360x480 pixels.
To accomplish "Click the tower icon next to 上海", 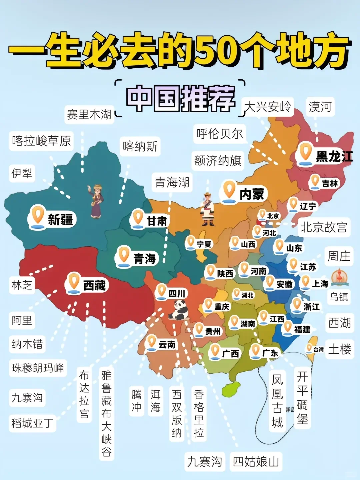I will (339, 277).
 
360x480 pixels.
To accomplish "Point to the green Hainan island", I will (231, 389).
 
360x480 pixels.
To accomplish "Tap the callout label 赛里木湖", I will (89, 115).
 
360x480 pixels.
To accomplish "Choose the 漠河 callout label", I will (320, 107).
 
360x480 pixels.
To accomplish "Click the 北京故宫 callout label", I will (324, 227).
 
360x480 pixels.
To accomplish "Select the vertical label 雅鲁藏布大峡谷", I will (106, 413).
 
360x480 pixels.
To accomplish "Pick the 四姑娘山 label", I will (256, 462).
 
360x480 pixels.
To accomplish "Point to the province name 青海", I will (145, 259).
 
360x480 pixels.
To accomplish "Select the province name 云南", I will (167, 344).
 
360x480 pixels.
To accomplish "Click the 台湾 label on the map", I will (318, 349).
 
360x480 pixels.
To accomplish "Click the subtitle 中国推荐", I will (180, 98).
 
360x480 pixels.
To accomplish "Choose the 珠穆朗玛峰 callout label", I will (38, 368).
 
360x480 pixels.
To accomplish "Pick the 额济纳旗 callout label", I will (218, 161).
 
